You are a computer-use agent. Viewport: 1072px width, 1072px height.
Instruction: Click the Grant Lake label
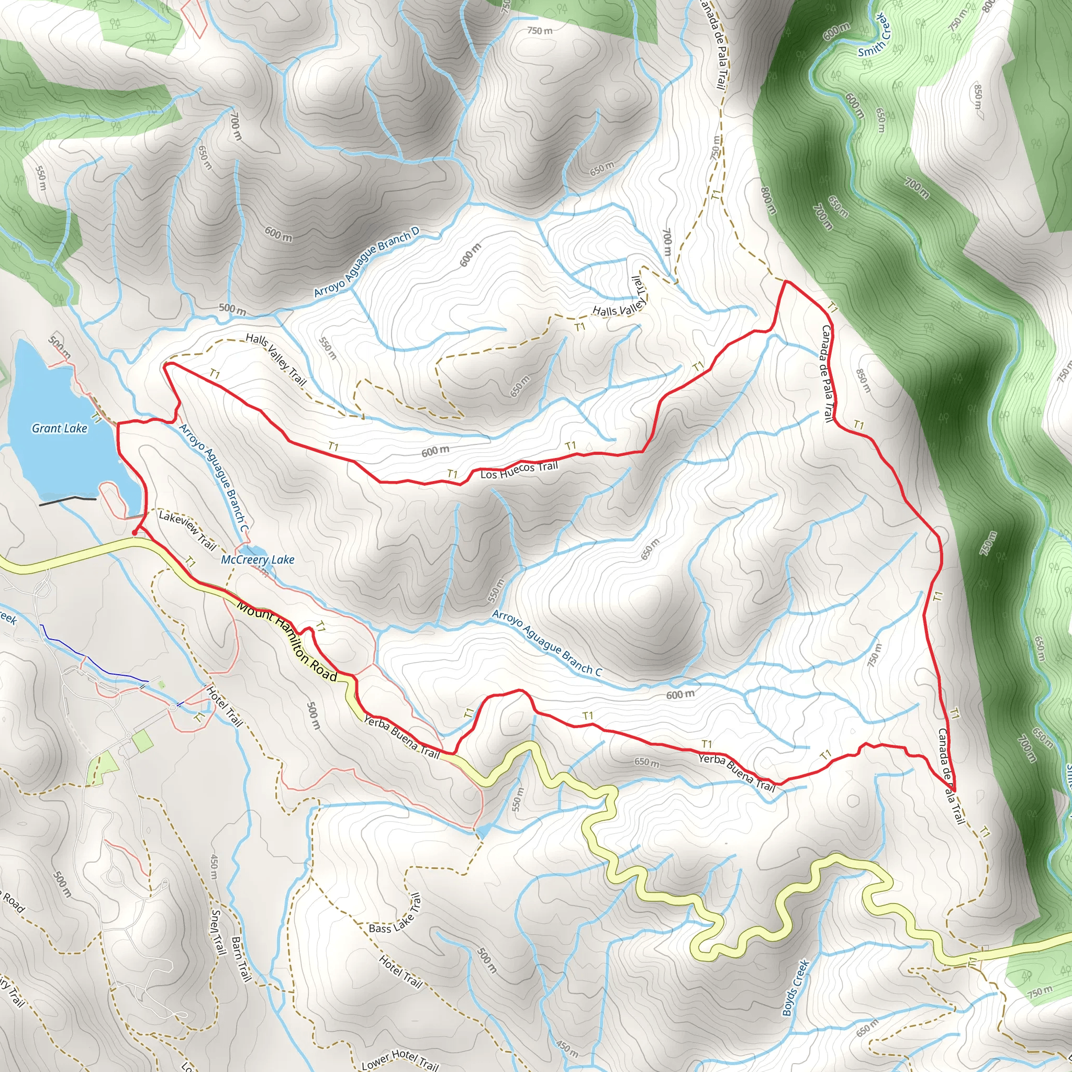click(59, 428)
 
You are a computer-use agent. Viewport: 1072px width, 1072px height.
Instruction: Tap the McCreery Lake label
click(258, 560)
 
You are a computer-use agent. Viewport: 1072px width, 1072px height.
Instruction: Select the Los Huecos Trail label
click(519, 470)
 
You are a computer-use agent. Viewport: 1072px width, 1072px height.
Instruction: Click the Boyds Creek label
click(796, 988)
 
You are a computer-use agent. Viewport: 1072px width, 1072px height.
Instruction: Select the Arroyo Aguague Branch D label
click(366, 262)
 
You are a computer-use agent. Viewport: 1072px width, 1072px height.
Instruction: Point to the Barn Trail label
click(241, 958)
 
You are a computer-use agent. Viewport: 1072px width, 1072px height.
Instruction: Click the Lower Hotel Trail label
click(399, 1059)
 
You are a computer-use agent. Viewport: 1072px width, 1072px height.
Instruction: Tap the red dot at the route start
click(135, 533)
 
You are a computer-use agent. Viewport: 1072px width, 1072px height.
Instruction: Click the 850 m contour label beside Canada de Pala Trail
click(864, 381)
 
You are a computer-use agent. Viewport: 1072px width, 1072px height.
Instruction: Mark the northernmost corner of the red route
click(786, 282)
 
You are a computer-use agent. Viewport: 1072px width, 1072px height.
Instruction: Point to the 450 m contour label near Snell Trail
click(214, 866)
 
